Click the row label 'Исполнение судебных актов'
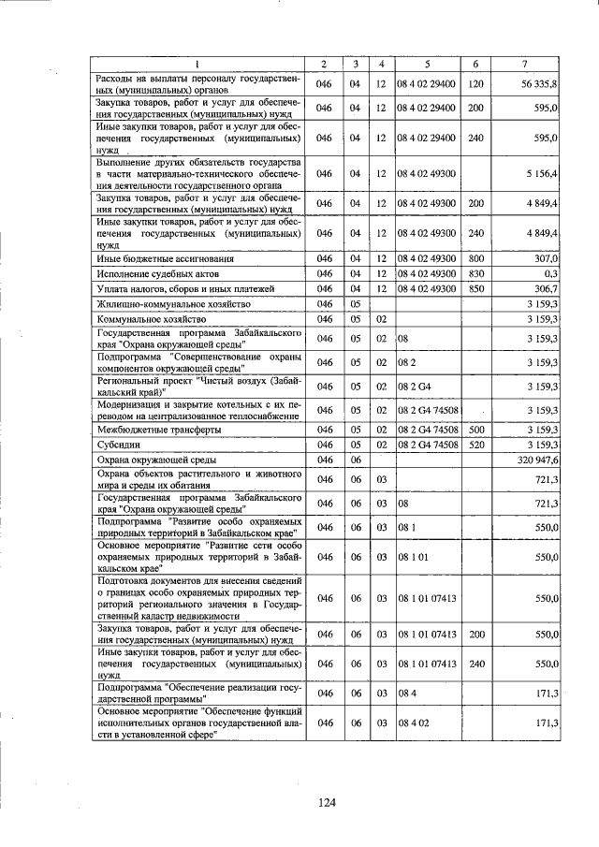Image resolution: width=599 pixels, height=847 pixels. (153, 273)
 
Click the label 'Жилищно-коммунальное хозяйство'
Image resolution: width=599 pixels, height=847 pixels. (173, 304)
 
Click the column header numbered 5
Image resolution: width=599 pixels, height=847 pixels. (426, 64)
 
